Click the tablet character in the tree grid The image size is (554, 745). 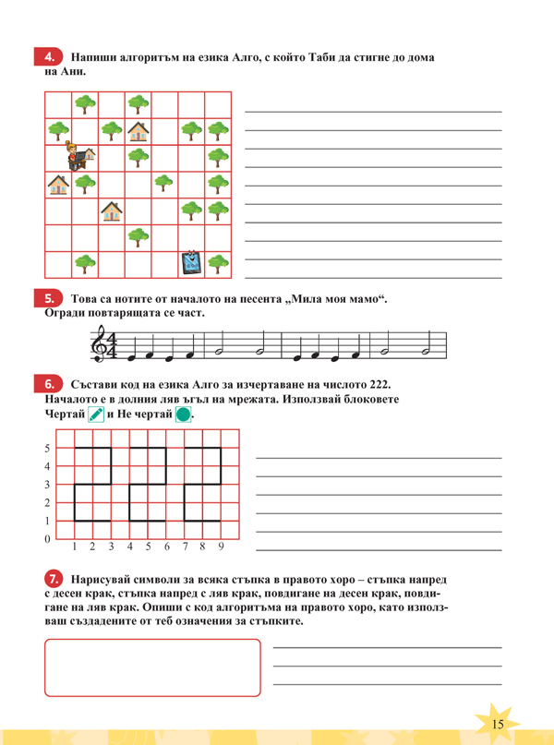(x=191, y=263)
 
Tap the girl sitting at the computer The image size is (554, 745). (x=81, y=158)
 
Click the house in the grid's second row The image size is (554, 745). (x=138, y=130)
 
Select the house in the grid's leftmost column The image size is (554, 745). (x=58, y=185)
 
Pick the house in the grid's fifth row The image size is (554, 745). (x=112, y=211)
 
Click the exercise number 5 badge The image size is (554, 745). (x=52, y=297)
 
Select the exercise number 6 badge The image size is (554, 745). (x=52, y=383)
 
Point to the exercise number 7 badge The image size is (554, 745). (x=52, y=578)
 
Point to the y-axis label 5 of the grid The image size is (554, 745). (x=48, y=448)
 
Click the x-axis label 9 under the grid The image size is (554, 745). (x=221, y=547)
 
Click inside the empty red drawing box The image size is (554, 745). (x=152, y=667)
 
